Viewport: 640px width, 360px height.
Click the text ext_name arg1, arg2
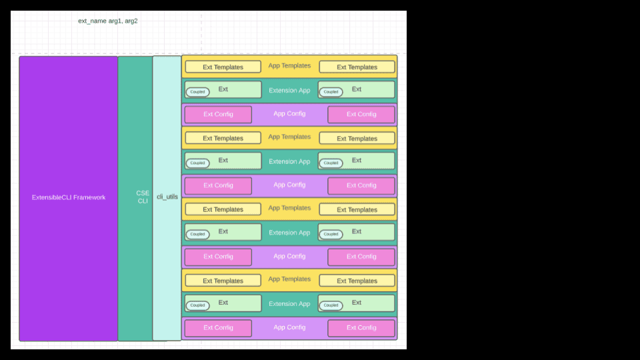point(108,21)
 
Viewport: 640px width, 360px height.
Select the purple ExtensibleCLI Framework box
point(69,197)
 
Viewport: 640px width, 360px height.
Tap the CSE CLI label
point(143,197)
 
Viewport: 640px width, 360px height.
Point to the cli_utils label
point(167,197)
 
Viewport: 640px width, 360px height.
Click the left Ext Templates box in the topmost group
point(223,67)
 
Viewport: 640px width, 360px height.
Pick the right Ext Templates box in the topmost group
point(357,67)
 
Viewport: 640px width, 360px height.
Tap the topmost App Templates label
point(289,66)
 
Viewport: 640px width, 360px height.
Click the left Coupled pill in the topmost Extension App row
point(197,92)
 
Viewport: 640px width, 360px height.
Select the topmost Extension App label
point(289,91)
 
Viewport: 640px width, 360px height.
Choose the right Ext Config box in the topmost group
point(361,114)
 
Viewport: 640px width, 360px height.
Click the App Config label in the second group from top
point(289,185)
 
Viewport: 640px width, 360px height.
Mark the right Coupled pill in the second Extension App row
point(331,163)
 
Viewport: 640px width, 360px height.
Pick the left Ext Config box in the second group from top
point(218,185)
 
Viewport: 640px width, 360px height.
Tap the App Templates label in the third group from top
point(289,208)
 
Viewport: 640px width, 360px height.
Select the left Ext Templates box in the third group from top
point(223,209)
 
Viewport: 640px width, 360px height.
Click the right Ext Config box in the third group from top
point(361,257)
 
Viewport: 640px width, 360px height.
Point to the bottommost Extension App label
point(289,304)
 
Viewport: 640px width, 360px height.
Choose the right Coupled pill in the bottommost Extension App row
point(331,305)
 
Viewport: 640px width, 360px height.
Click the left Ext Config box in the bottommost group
point(218,328)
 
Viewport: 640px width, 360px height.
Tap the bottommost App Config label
point(289,327)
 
